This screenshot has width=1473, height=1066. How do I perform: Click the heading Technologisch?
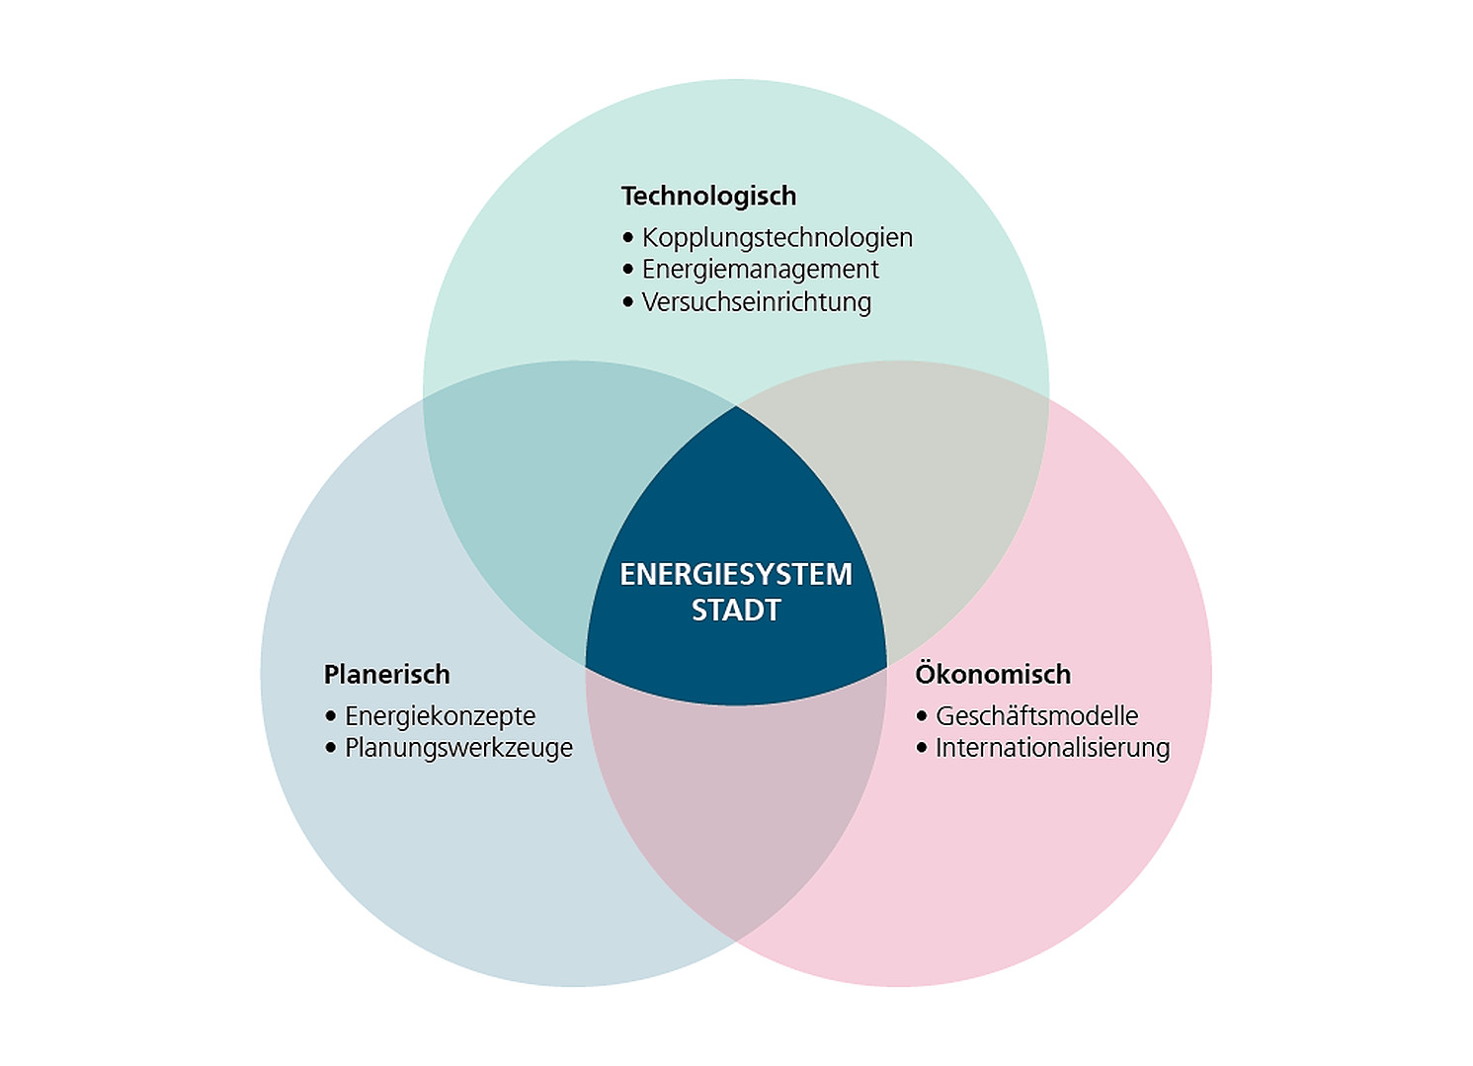click(x=708, y=196)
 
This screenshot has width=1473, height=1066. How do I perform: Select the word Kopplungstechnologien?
click(x=777, y=238)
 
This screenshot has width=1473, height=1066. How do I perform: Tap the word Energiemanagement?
click(x=760, y=270)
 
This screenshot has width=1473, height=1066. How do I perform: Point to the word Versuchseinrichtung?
click(x=756, y=302)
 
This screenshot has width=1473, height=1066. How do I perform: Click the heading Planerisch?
click(x=386, y=675)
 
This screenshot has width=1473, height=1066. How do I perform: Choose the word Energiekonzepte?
click(x=440, y=716)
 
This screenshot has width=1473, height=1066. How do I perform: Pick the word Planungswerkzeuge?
click(x=458, y=748)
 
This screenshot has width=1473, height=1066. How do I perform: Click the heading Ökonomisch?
click(x=993, y=674)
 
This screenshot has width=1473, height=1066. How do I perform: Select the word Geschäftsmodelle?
click(x=1036, y=716)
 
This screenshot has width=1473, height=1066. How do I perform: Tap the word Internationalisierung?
click(x=1052, y=748)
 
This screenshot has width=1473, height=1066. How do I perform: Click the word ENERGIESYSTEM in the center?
click(x=736, y=574)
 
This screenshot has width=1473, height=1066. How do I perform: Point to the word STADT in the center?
click(x=736, y=611)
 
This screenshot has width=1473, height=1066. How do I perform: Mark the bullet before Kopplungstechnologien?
click(x=628, y=238)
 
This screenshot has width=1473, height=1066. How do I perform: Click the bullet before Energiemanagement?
click(x=628, y=270)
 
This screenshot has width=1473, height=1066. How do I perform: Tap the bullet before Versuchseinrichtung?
click(x=628, y=302)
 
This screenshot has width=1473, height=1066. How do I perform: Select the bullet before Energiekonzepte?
click(x=331, y=716)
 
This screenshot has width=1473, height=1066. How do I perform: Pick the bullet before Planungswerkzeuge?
click(x=331, y=748)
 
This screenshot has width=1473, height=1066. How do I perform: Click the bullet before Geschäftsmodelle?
click(x=922, y=716)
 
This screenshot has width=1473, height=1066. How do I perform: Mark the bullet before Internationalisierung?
click(x=922, y=748)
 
